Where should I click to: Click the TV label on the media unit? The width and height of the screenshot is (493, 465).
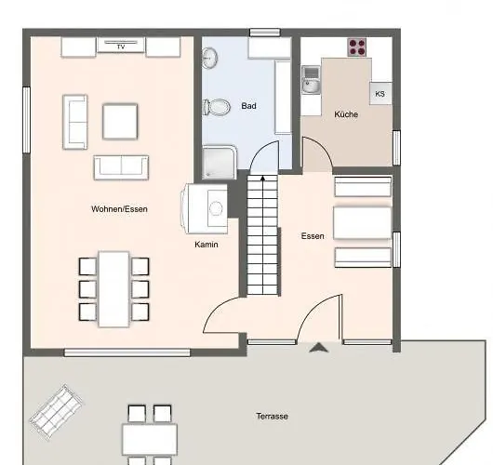point(121,46)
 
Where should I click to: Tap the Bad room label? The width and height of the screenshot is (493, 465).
point(248,106)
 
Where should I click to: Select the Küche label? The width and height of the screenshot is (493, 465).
point(346,114)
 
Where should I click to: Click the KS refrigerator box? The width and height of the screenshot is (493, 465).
point(380,93)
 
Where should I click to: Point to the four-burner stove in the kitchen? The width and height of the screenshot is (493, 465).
point(357,47)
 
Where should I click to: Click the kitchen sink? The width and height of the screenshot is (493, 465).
point(311,80)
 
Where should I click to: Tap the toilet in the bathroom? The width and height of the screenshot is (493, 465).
point(217,107)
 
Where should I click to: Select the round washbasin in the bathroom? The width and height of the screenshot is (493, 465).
point(209,58)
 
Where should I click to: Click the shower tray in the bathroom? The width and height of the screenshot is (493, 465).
point(220,162)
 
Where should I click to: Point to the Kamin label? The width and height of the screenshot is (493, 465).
point(207,245)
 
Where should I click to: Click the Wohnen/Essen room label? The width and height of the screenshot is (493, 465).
point(119,209)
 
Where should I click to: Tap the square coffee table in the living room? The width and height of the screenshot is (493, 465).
point(120,121)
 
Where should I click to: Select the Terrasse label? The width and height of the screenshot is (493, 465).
point(272,417)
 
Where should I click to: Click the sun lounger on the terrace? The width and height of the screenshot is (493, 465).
point(56,413)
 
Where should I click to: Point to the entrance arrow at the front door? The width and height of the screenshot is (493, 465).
point(319,348)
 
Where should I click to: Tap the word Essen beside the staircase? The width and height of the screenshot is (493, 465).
point(313,236)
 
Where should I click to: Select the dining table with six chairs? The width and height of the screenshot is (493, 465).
point(113,289)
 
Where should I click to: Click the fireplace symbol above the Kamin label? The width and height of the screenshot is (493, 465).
point(205,208)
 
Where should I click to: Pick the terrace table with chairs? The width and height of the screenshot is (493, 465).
point(150,435)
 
